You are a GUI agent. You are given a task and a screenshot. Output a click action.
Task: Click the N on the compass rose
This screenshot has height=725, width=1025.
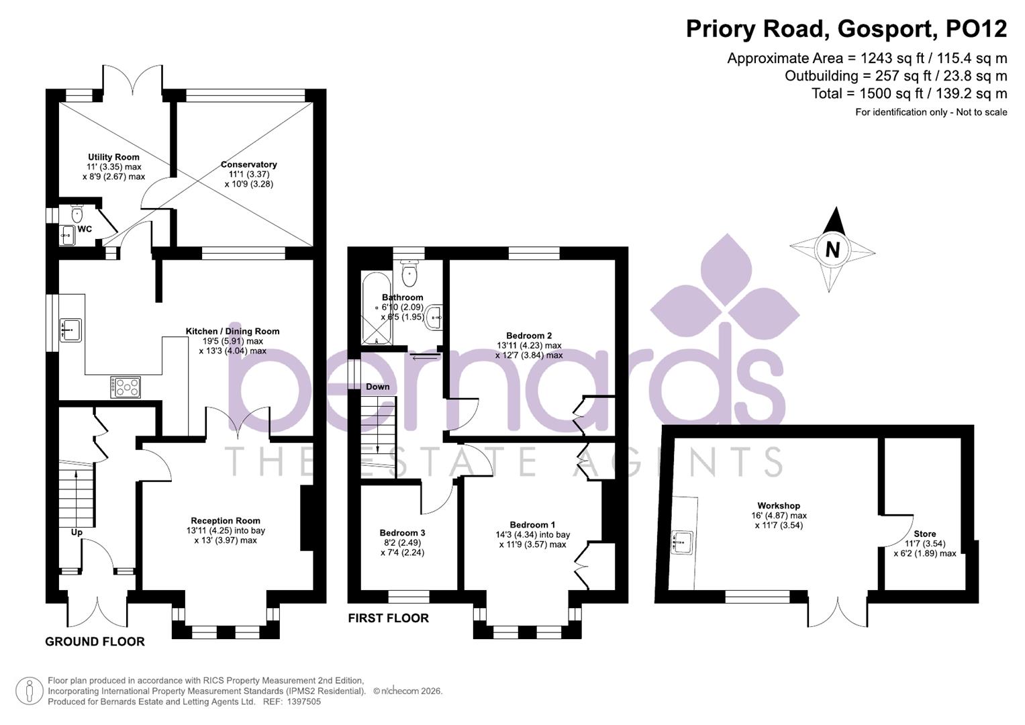pos(832,250)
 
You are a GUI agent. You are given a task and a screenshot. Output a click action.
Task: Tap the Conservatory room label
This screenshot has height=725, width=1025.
pos(248,164)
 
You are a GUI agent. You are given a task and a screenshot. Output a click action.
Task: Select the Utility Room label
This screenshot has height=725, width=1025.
pos(113,157)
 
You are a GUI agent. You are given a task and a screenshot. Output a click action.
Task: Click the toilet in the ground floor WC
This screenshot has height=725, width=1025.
pos(76,214)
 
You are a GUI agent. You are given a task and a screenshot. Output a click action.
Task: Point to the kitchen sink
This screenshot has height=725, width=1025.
pos(70,330)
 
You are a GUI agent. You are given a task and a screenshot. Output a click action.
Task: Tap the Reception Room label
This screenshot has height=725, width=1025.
pos(226,520)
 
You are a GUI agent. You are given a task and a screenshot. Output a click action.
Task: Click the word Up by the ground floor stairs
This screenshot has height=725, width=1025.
pos(77,532)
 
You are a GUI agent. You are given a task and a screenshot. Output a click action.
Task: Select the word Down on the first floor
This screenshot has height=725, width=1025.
pos(378,387)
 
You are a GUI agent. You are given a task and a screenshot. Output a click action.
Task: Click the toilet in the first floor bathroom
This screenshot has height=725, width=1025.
pos(409,273)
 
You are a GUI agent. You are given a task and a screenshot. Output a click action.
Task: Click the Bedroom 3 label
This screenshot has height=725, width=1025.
pos(402,533)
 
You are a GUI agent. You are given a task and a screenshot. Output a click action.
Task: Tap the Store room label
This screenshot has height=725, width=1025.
pos(924,534)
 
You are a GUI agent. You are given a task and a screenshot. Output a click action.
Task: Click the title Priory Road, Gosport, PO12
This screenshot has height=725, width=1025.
pos(846,29)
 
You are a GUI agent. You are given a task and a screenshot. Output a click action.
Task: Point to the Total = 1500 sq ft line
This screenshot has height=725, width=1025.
pos(909,93)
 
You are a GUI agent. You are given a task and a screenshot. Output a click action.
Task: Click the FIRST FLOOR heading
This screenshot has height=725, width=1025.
pos(388,618)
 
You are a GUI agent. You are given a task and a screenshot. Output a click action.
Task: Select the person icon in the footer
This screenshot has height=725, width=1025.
pos(29,691)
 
